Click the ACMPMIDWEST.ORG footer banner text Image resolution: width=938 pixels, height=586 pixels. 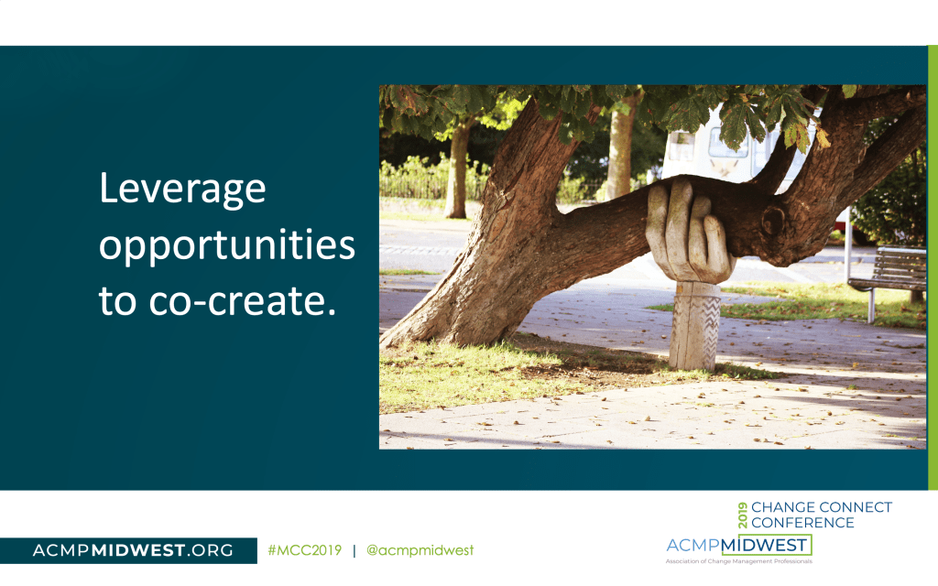(x=133, y=550)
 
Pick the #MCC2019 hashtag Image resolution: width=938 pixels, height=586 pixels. (x=304, y=550)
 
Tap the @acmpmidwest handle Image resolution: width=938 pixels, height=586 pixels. (x=420, y=550)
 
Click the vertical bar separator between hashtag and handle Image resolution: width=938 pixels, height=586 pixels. (x=354, y=550)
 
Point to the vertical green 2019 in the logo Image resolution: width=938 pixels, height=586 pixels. (x=743, y=515)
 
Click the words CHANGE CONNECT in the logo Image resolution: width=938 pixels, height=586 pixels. (x=822, y=507)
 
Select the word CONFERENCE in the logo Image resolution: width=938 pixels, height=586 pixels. (x=802, y=523)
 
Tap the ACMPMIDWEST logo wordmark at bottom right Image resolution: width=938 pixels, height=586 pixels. (x=739, y=546)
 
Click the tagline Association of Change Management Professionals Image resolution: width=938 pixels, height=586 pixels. (x=739, y=561)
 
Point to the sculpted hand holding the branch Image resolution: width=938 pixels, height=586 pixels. (x=688, y=233)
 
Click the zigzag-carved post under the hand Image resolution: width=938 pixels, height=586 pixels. (x=695, y=326)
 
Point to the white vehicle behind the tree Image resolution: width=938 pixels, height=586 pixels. (x=736, y=149)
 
